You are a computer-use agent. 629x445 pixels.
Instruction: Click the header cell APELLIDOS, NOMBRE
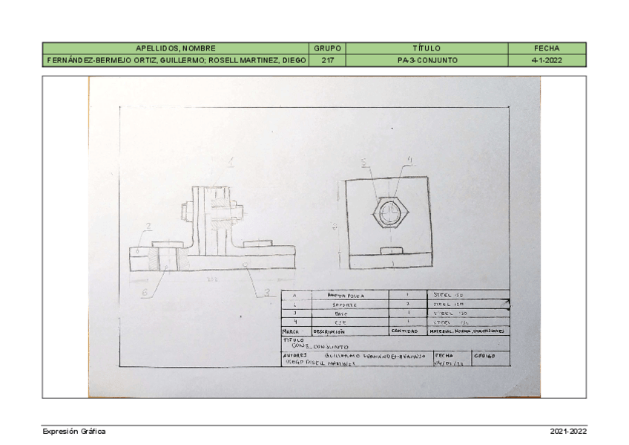175,48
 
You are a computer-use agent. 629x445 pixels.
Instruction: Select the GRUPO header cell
327,48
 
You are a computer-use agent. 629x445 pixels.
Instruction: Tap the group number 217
327,59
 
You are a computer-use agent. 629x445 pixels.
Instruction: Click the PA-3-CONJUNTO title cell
427,59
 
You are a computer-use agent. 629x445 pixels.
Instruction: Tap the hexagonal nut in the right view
390,214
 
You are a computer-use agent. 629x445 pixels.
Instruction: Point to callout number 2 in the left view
148,227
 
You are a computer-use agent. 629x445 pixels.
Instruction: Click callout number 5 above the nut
363,162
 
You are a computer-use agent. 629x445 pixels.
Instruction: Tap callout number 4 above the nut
409,159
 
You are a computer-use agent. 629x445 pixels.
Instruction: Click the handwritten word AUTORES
294,356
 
